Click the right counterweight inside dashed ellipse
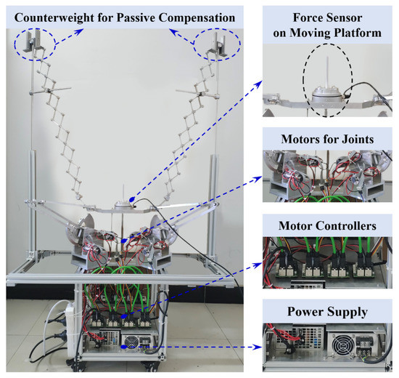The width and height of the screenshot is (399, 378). tap(215, 44)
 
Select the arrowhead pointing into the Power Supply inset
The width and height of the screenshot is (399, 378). tap(258, 347)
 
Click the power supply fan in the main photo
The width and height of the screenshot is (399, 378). tap(131, 340)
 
